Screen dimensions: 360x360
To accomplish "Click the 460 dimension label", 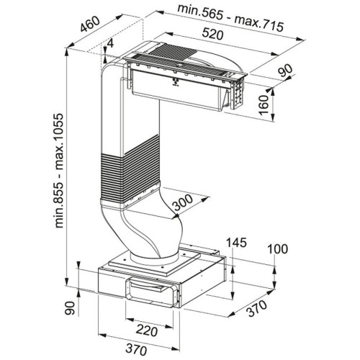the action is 89,24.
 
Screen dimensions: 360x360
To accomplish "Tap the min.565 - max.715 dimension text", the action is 230,18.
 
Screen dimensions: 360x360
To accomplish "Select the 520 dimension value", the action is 212,34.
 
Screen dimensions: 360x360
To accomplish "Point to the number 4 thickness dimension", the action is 110,44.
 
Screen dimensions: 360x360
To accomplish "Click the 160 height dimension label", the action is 264,105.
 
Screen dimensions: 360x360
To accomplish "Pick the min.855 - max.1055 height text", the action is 58,171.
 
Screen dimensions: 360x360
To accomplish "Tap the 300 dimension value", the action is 183,202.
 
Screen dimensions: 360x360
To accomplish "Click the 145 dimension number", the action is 236,243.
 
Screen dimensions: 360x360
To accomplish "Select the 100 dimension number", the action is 277,249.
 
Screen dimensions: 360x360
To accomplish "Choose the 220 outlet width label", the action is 147,331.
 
